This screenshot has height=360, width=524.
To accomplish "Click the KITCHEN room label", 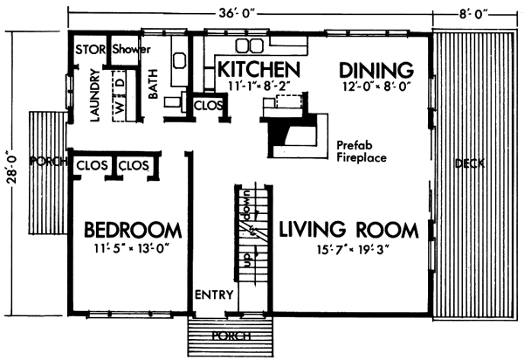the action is point(259,69).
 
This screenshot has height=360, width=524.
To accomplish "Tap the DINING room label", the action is point(376,70).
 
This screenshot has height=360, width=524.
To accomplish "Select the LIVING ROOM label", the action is point(348,229).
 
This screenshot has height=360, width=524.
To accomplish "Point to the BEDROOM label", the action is point(133,230).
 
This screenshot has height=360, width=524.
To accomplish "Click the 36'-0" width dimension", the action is point(237,13).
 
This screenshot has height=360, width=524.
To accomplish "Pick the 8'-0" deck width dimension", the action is point(473,14).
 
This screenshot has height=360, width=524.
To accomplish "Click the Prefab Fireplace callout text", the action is point(362,151).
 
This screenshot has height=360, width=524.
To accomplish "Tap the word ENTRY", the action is point(214,294).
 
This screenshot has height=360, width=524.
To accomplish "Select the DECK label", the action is point(470,163).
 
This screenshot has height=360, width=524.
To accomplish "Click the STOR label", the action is point(90,50).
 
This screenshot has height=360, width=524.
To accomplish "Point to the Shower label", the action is point(131,49).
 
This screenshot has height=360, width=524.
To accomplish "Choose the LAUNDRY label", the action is point(95,95).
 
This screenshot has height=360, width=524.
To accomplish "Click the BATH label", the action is point(153,84).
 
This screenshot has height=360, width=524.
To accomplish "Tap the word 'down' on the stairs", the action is point(248,206).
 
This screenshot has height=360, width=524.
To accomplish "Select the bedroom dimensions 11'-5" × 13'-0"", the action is point(132,249).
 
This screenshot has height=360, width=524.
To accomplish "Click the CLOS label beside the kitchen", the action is point(208,106).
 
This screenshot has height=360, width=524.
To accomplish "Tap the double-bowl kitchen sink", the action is point(249,45).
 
